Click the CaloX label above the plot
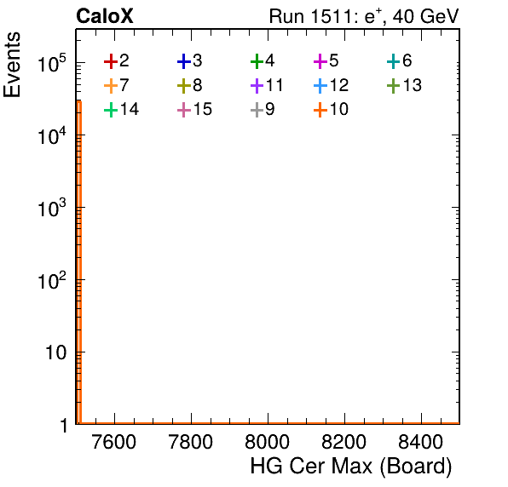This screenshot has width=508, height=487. click(x=104, y=16)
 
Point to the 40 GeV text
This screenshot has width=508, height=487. click(x=426, y=16)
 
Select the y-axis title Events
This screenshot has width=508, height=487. click(x=12, y=65)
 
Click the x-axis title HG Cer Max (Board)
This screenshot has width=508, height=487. click(x=351, y=467)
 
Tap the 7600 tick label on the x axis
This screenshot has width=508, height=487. click(x=114, y=442)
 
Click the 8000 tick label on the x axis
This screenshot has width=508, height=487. click(x=267, y=442)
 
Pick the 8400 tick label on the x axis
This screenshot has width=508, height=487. click(x=420, y=442)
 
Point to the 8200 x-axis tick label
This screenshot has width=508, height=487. click(x=343, y=442)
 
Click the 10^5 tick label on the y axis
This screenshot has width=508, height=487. click(x=52, y=63)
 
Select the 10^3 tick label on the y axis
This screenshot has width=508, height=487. click(x=52, y=208)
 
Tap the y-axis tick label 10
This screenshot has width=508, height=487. click(x=55, y=352)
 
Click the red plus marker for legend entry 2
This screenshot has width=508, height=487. click(x=111, y=61)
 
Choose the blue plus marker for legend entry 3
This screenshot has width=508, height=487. click(x=184, y=61)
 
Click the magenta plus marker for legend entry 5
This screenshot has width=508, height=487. click(x=320, y=61)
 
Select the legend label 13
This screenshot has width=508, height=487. click(x=412, y=85)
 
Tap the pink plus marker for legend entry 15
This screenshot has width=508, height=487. click(x=184, y=110)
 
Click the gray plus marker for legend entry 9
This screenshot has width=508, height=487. click(x=257, y=110)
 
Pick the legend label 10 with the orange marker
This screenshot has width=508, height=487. click(x=339, y=109)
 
